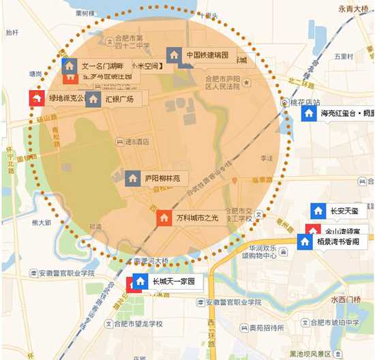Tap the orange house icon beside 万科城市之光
pos(165,217)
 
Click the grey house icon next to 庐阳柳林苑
pos(133,179)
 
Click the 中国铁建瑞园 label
pos(206,55)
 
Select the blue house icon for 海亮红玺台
pos(308,112)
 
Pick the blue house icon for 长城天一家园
pos(141,281)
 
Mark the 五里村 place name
pos(344,56)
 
